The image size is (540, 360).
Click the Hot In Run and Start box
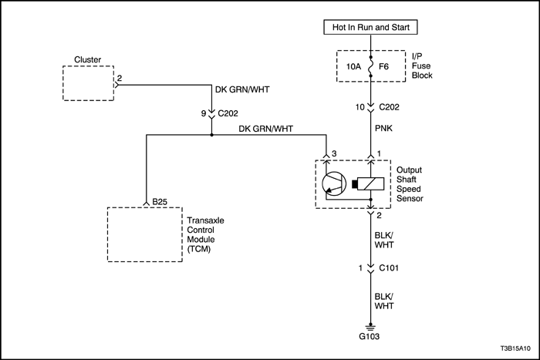(370, 27)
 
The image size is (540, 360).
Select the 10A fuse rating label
(353, 66)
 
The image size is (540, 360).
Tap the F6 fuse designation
(383, 66)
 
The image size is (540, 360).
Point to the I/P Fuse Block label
(422, 66)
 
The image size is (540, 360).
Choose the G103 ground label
(370, 336)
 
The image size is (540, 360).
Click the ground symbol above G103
(370, 327)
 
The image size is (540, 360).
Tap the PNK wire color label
(383, 129)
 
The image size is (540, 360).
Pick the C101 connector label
(389, 267)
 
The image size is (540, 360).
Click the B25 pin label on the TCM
(160, 202)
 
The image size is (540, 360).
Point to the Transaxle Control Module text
(205, 234)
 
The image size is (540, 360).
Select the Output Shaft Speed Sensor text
(410, 184)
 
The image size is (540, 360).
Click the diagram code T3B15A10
(515, 348)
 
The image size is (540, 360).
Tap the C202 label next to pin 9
(228, 113)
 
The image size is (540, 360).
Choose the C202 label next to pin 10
(389, 107)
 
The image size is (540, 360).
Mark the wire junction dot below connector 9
(211, 135)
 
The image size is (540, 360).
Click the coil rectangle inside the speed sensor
(370, 183)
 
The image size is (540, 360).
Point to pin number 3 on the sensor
(334, 153)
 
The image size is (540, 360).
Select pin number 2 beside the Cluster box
(120, 78)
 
